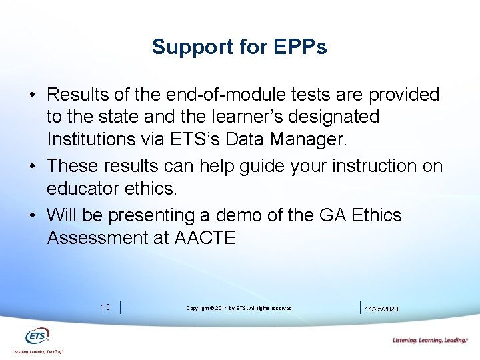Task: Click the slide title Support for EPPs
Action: [239, 47]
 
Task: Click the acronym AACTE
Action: [205, 238]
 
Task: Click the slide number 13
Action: [105, 307]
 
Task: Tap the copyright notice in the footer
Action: [239, 308]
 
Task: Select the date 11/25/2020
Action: [383, 309]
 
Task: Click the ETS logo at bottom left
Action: [37, 336]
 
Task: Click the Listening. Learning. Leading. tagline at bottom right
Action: [430, 340]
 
